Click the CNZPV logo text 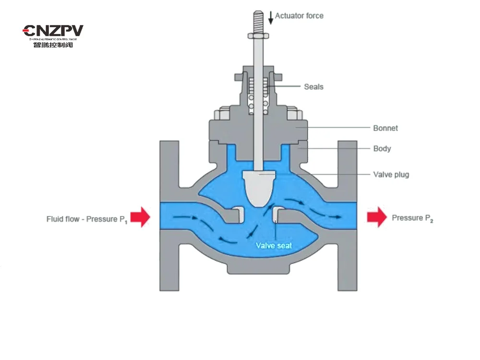point(53,31)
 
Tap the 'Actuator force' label point(299,16)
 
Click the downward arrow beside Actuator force point(271,17)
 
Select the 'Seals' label point(313,87)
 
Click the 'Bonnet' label point(385,128)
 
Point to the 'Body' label point(382,149)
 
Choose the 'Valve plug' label point(391,175)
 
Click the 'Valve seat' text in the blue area point(274,245)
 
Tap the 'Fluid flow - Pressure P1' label point(87,219)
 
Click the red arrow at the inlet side point(140,216)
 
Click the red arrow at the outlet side point(377,216)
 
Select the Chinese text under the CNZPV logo point(53,45)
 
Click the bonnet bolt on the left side point(224,115)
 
